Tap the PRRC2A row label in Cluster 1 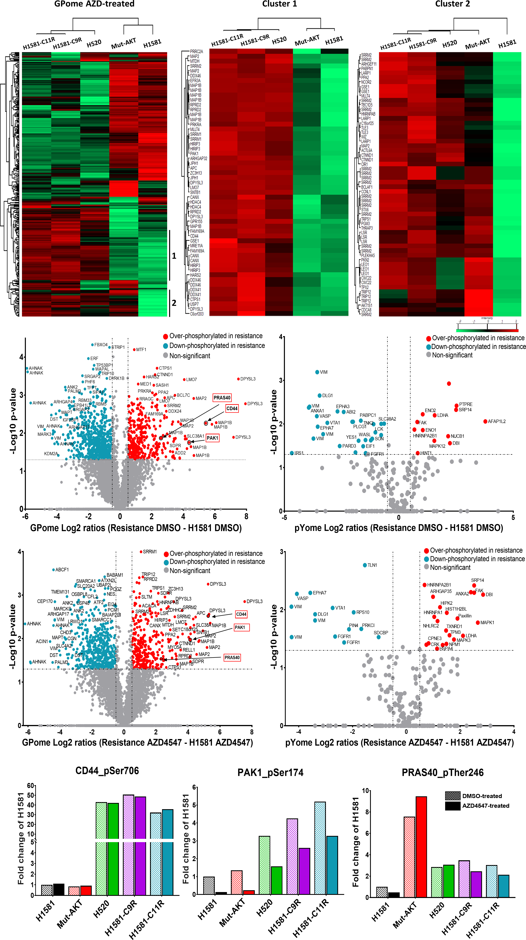pyautogui.click(x=196, y=51)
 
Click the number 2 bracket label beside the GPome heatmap pyautogui.click(x=174, y=303)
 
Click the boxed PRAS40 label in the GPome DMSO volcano pyautogui.click(x=222, y=398)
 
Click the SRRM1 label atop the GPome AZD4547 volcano pyautogui.click(x=150, y=552)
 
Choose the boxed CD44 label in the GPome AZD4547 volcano pyautogui.click(x=241, y=614)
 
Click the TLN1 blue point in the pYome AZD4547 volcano pyautogui.click(x=365, y=565)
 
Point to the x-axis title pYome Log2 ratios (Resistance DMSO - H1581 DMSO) pyautogui.click(x=398, y=528)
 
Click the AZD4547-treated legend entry pyautogui.click(x=485, y=806)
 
